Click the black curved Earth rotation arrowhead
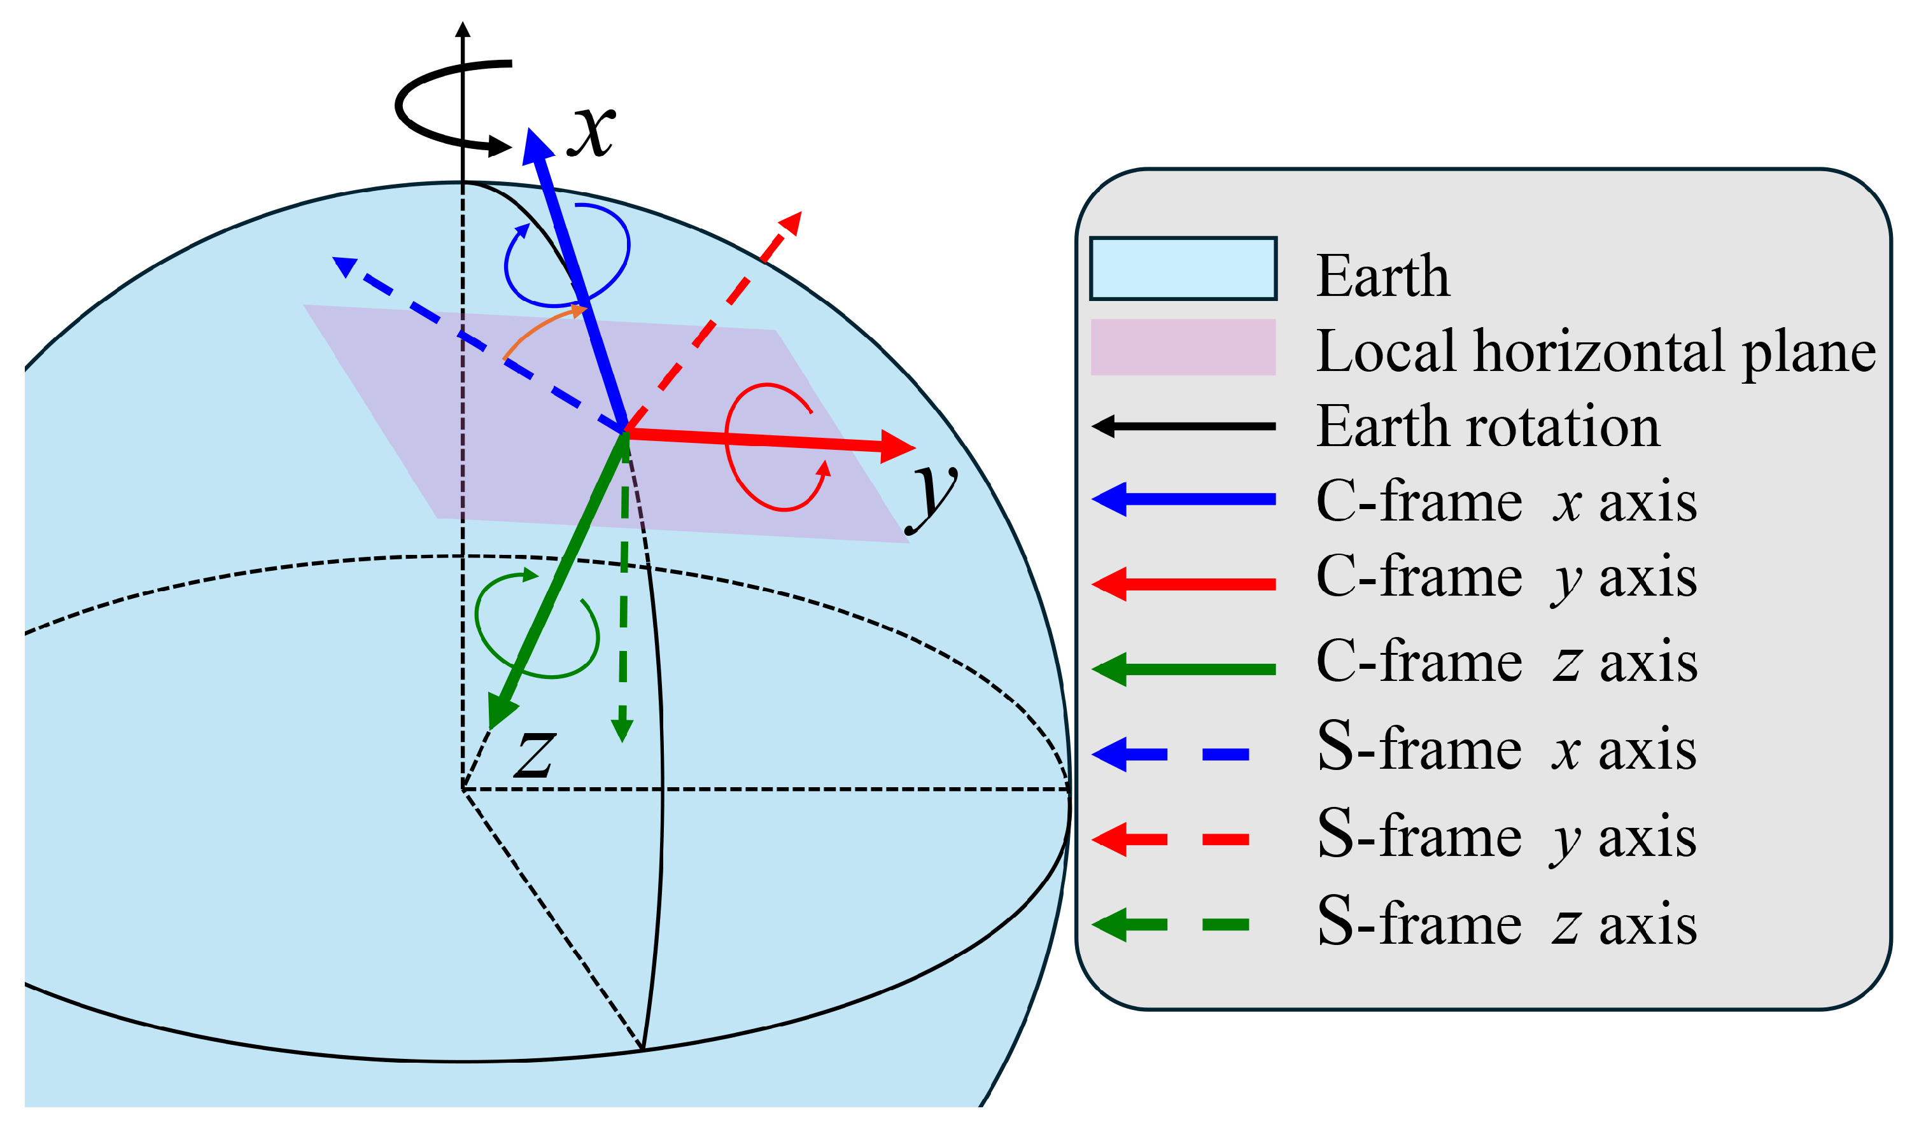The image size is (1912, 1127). click(x=499, y=146)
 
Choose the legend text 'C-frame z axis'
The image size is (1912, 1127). click(x=1507, y=661)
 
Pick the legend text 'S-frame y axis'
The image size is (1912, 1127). click(x=1507, y=837)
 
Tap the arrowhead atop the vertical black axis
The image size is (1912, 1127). click(x=463, y=29)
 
